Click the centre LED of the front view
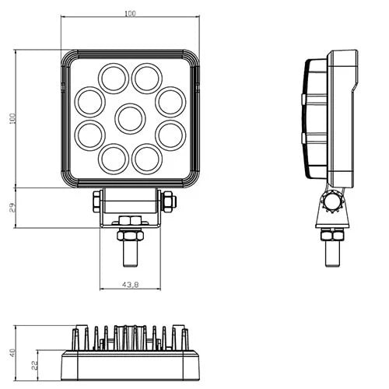pos(130,118)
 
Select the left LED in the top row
pos(114,78)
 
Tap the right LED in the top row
pos(146,78)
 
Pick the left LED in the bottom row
pos(114,159)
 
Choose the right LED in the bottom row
pos(146,159)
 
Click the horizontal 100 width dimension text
pos(129,13)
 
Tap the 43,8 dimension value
pos(130,284)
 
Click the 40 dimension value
pos(12,352)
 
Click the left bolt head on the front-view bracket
pos(96,202)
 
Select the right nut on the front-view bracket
pos(169,202)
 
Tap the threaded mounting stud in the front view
pos(130,251)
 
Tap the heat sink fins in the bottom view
pos(130,338)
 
